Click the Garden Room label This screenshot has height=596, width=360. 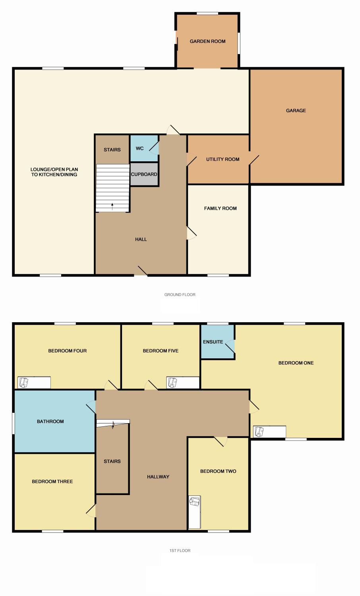pos(207,41)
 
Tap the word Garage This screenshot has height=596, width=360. pos(296,110)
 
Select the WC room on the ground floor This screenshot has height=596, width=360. pos(144,148)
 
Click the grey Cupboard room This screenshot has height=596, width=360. pos(144,174)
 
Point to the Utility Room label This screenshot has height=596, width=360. pos(223,159)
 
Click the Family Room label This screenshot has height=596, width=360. pos(220,208)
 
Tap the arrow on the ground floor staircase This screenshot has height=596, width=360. pos(112,207)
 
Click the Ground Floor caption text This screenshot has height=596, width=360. pos(180,294)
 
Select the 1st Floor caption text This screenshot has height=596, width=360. pos(180,550)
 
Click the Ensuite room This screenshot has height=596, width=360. pos(217,342)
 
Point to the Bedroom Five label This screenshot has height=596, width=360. pos(161,351)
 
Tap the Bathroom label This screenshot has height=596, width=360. pos(50,422)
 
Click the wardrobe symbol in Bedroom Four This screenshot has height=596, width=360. pos(34,382)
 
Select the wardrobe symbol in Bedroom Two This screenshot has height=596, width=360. pos(194,512)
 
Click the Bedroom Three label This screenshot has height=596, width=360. pos(52,481)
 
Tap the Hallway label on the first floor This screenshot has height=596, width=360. pos(158,476)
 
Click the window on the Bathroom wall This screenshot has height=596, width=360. pos(14,423)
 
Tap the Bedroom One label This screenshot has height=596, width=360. pos(296,363)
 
